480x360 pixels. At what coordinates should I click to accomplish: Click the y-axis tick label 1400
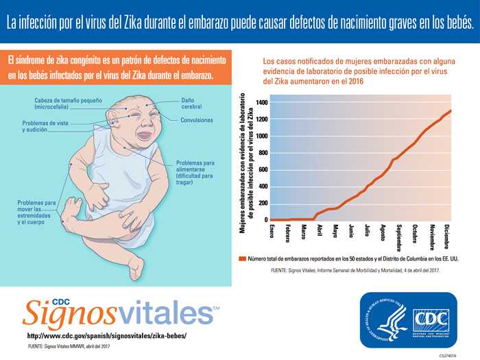pyautogui.click(x=261, y=103)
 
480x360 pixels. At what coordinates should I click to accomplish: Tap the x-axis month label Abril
pyautogui.click(x=320, y=230)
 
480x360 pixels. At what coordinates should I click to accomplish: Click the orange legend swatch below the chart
pyautogui.click(x=242, y=259)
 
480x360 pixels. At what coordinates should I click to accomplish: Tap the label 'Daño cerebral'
pyautogui.click(x=191, y=104)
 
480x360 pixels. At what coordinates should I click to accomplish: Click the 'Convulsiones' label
pyautogui.click(x=197, y=120)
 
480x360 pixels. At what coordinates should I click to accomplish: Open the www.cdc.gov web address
pyautogui.click(x=106, y=337)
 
